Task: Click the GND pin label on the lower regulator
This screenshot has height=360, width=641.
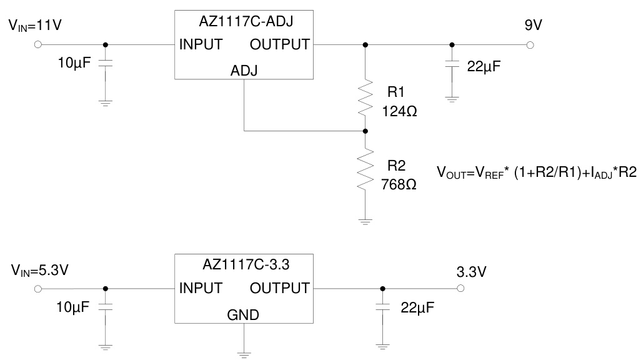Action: tap(244, 314)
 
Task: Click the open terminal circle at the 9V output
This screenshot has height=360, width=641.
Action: tap(530, 45)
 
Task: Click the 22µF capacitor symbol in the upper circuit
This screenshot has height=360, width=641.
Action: tap(452, 65)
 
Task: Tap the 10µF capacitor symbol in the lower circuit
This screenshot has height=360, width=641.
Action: tap(105, 307)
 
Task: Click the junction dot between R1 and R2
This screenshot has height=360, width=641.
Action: tap(365, 131)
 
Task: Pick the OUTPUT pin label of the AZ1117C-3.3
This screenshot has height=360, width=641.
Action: tap(279, 288)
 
